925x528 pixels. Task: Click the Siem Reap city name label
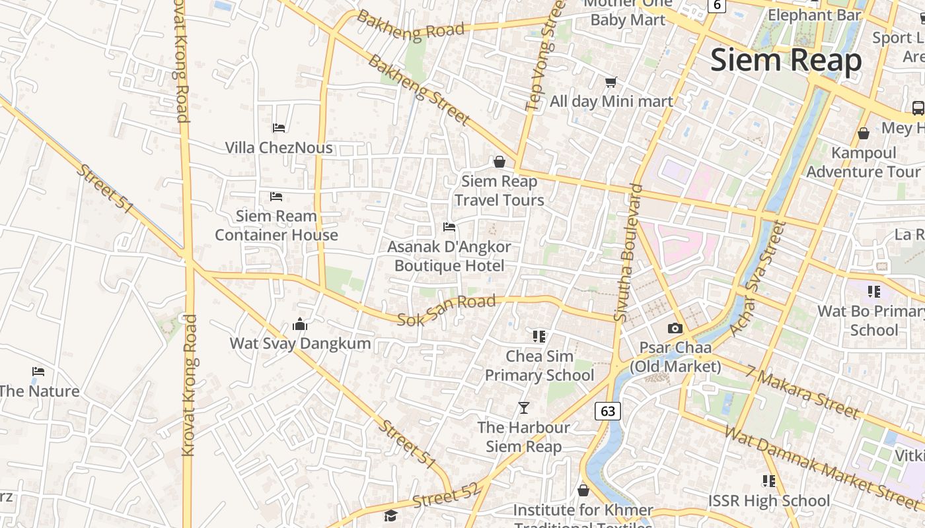click(x=786, y=61)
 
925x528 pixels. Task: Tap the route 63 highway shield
click(x=608, y=411)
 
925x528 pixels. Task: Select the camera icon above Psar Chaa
click(x=675, y=328)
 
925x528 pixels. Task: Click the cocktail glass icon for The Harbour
click(x=524, y=408)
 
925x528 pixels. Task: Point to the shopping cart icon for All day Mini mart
click(x=611, y=82)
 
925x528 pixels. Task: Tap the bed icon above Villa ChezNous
click(x=279, y=127)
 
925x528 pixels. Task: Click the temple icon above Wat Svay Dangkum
click(x=300, y=324)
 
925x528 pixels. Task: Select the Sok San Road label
click(x=446, y=310)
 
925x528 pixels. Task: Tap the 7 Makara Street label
click(x=802, y=391)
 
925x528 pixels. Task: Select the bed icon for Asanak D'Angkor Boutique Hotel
click(x=449, y=228)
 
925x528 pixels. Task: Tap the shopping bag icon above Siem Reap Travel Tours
click(x=499, y=162)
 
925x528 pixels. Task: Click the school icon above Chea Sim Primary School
click(x=539, y=337)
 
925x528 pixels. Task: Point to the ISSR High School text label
click(x=768, y=501)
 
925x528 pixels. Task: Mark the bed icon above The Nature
click(x=38, y=372)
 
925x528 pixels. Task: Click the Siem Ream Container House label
click(x=276, y=225)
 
